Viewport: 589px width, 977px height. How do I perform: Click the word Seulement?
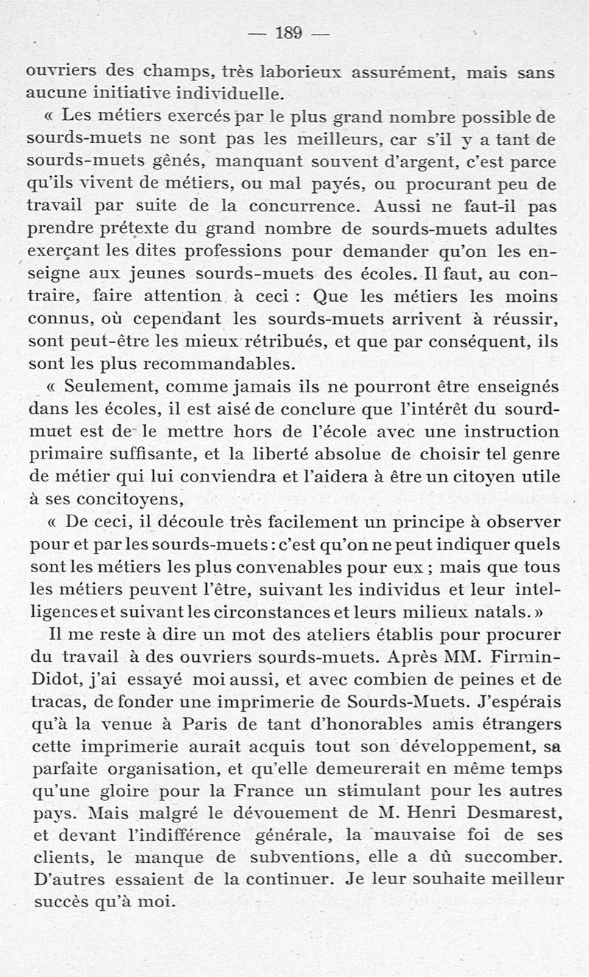110,387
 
